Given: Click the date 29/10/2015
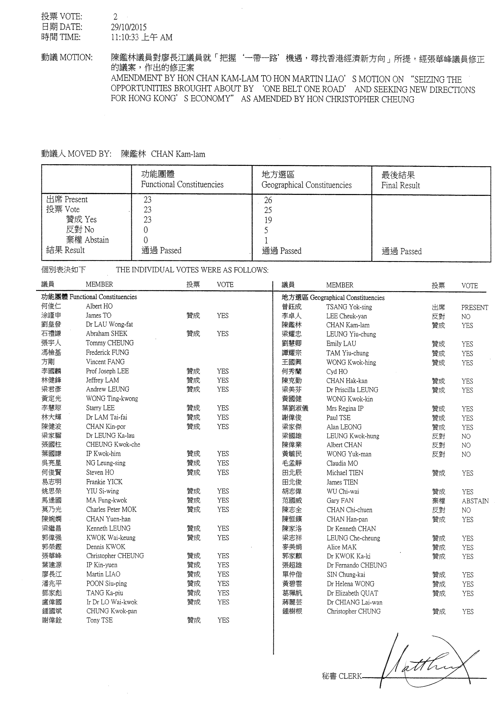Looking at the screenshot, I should click(129, 27).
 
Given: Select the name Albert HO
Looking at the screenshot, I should click(99, 306).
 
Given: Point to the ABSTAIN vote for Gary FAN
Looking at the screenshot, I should click(475, 501).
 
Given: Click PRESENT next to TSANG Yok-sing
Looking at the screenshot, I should click(475, 307).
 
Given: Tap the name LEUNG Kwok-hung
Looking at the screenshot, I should click(353, 436).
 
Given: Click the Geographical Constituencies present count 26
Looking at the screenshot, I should click(268, 200).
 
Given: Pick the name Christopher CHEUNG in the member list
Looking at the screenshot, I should click(115, 556).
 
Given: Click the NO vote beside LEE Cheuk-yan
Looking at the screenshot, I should click(466, 316).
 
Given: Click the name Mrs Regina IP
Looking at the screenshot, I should click(345, 408).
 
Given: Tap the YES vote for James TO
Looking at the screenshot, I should click(223, 315).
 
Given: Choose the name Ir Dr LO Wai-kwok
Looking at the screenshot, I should click(112, 602).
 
